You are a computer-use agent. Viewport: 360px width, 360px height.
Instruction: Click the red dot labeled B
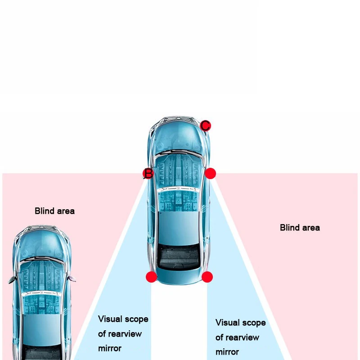pos(148,173)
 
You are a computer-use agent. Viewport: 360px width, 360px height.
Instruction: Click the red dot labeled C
pos(205,126)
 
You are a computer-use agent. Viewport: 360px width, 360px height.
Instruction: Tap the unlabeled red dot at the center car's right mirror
pos(210,173)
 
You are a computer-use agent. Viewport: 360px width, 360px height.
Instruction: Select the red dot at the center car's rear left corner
pos(152,277)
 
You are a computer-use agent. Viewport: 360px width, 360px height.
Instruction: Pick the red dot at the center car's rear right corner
pos(207,277)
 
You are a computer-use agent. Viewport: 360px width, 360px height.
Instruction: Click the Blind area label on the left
pos(54,211)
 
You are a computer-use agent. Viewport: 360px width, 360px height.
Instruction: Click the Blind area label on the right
pos(300,227)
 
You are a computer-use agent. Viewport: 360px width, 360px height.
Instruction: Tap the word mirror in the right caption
pos(227,351)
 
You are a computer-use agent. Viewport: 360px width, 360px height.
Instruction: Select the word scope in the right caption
pos(254,323)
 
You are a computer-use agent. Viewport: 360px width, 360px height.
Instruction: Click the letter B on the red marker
pos(148,173)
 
